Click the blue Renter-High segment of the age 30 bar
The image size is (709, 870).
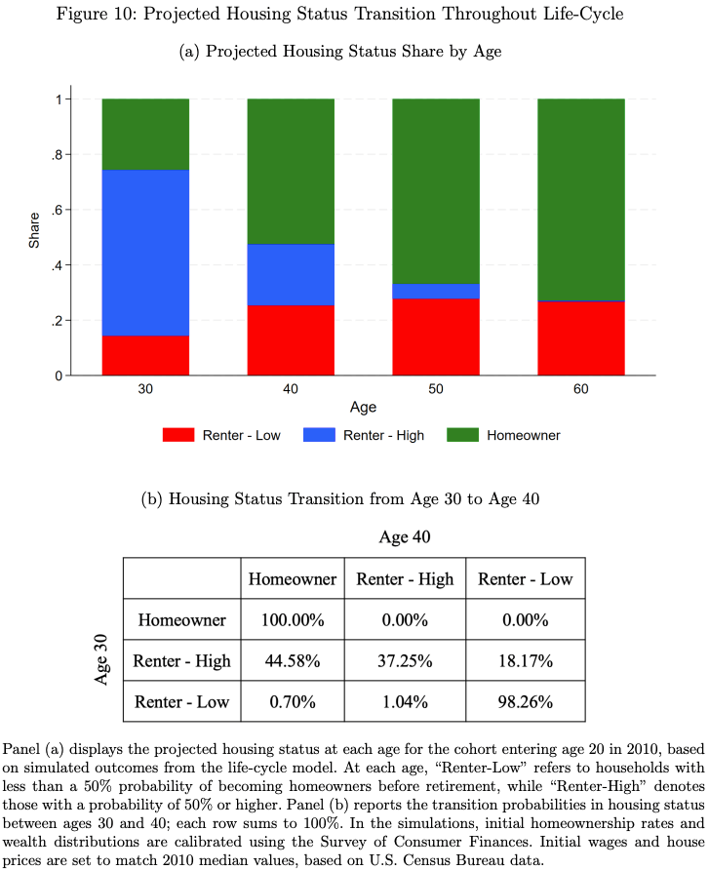click(145, 253)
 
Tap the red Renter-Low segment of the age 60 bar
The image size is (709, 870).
click(580, 337)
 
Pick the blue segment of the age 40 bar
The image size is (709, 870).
click(291, 274)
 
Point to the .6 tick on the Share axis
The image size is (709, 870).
click(58, 210)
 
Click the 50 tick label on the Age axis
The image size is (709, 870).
click(435, 389)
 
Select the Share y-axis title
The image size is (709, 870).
click(34, 237)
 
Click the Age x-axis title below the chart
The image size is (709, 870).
click(363, 408)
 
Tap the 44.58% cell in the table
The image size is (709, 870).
click(293, 661)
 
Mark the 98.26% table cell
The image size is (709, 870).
click(525, 701)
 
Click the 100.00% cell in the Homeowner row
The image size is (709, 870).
click(293, 620)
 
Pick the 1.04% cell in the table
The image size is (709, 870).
click(405, 701)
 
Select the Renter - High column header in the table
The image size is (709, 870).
click(405, 579)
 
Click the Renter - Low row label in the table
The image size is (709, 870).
click(181, 701)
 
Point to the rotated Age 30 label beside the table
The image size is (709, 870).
click(102, 660)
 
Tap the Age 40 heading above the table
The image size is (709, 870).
click(405, 536)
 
